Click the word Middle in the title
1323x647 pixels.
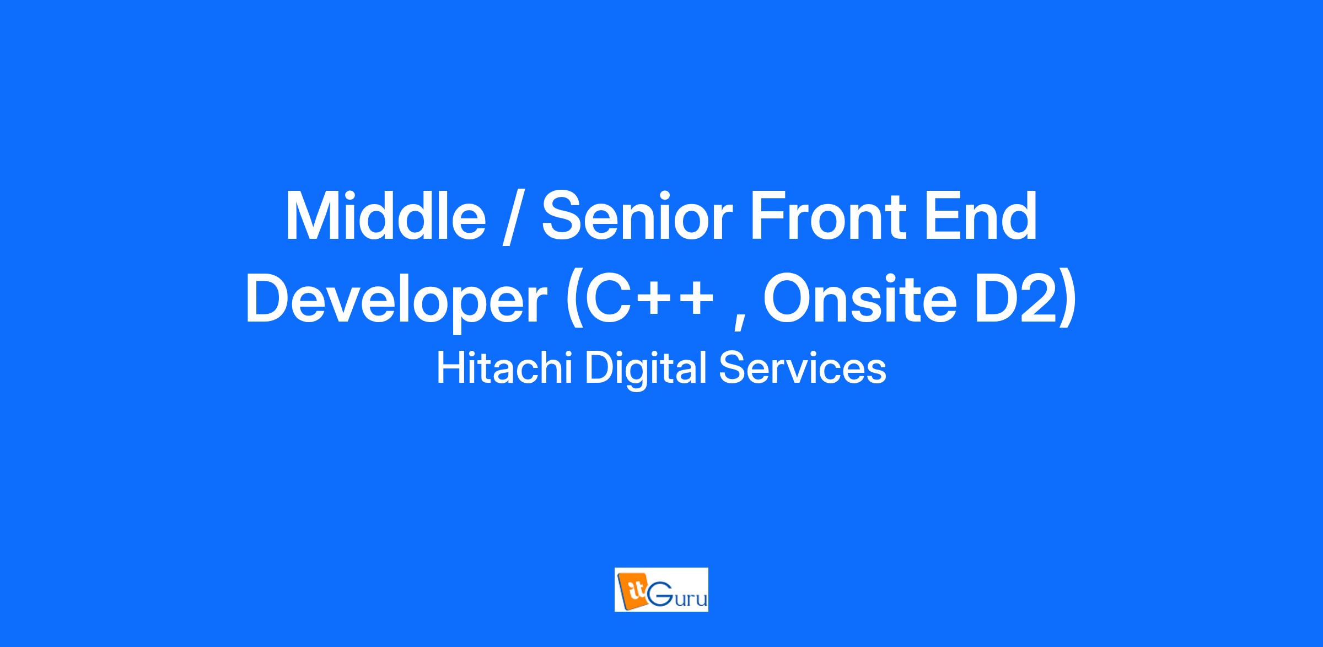point(385,216)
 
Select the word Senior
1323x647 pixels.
point(637,216)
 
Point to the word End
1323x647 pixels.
point(982,216)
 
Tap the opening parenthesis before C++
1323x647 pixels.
point(575,302)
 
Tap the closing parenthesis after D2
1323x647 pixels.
point(1067,302)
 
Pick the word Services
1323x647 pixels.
point(803,368)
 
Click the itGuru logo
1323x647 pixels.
point(661,590)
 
